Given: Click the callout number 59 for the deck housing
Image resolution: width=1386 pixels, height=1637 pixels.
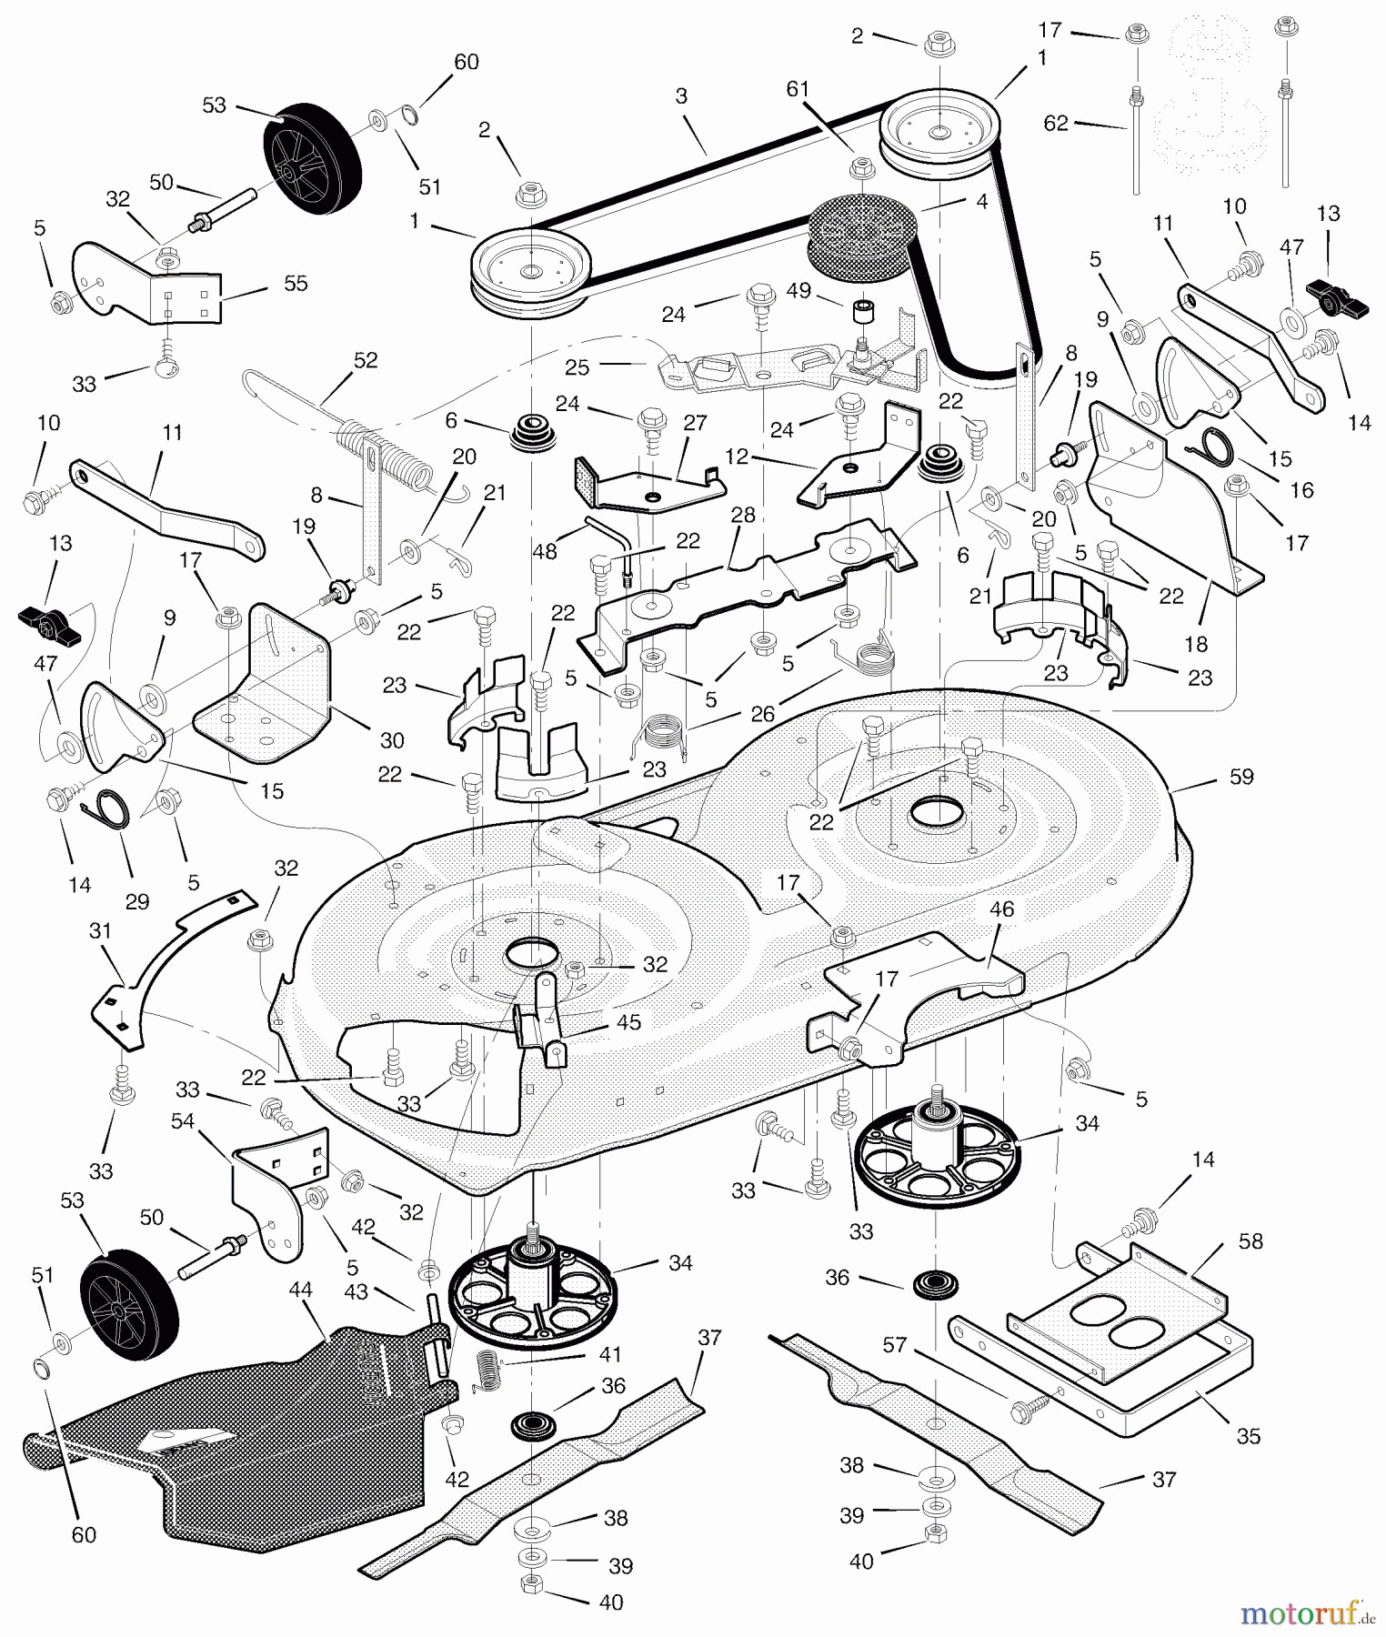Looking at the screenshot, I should coord(1240,777).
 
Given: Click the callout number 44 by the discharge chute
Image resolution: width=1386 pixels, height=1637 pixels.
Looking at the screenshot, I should coord(300,1290).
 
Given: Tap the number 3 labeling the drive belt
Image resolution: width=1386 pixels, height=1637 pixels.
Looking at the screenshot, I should coord(681,95).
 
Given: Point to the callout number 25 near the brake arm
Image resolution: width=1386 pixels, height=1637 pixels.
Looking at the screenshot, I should coord(577,367).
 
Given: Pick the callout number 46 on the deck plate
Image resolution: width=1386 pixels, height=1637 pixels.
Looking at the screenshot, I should coord(1001,909).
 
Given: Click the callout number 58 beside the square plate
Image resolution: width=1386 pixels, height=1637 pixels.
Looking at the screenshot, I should coord(1250,1241).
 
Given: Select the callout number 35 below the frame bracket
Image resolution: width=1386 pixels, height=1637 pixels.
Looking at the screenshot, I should coord(1249,1435).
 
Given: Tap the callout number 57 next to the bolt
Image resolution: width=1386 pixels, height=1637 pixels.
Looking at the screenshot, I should coord(895,1344).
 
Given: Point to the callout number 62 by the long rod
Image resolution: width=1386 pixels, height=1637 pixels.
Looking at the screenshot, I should coord(1056,123).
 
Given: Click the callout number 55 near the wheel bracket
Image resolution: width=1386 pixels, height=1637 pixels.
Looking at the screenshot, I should coord(296,284).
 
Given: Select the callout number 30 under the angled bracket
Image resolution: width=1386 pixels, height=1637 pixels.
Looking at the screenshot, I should coord(392,740).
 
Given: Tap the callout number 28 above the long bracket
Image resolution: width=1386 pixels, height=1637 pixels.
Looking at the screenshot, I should coord(743,515).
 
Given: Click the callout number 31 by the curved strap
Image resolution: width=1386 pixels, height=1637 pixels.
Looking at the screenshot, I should coord(100,930).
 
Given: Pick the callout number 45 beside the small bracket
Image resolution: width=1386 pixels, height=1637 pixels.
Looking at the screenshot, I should coord(628,1022).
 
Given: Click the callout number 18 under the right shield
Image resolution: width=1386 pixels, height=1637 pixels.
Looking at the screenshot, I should coord(1195,644).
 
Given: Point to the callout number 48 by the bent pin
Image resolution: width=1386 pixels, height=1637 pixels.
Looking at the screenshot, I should coord(544,551).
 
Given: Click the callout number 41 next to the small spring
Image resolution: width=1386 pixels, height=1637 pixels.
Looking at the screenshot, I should coord(610,1354).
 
